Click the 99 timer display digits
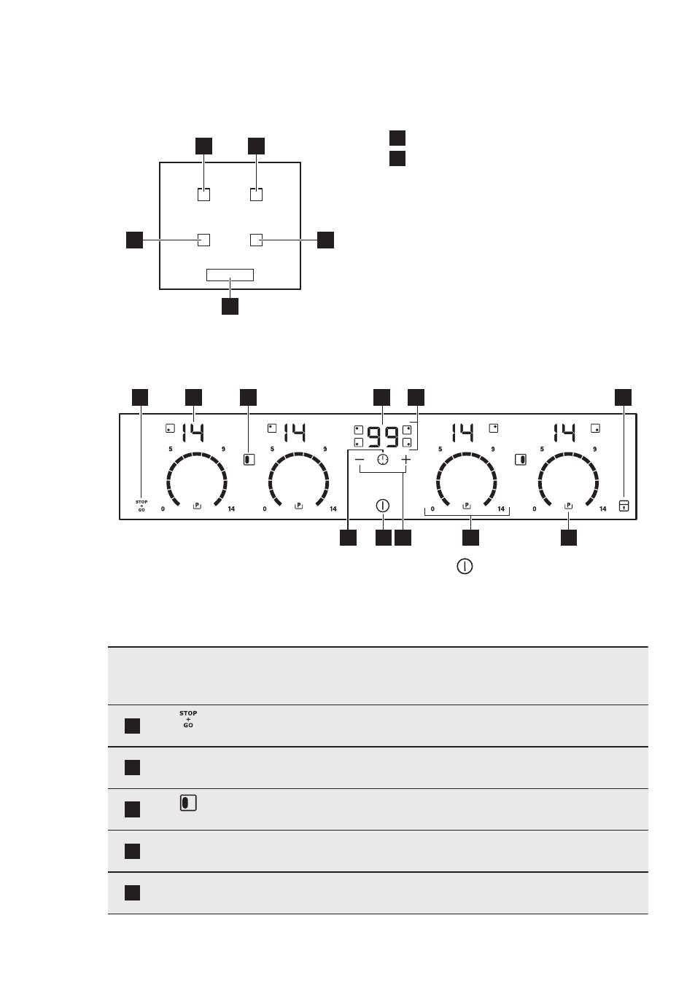click(383, 437)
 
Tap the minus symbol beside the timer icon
click(360, 460)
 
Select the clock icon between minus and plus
click(383, 460)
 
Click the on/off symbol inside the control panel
click(383, 506)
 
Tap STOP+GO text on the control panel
click(141, 506)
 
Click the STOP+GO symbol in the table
click(188, 719)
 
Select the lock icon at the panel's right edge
click(624, 506)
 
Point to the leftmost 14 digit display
click(193, 433)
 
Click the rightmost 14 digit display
click(564, 433)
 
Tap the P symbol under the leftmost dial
click(197, 506)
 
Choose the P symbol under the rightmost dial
click(568, 506)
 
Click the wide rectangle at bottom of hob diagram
click(230, 275)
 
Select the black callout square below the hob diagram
click(230, 306)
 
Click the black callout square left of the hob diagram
click(134, 240)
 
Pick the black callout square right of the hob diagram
click(325, 240)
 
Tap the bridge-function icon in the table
click(188, 803)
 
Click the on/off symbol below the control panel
click(465, 566)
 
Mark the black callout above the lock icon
click(623, 397)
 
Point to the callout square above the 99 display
click(381, 397)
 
